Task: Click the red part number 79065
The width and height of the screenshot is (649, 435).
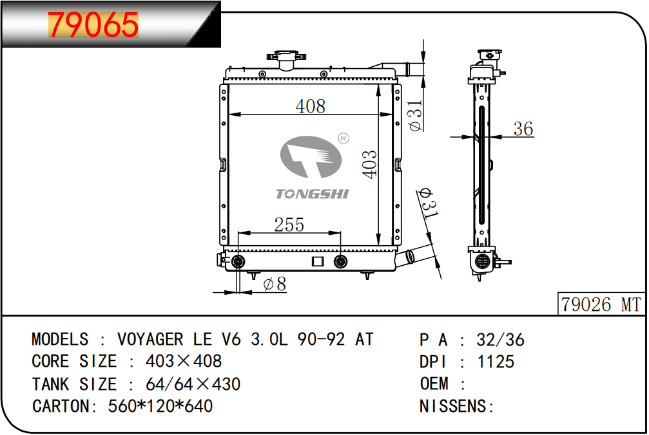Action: tap(93, 25)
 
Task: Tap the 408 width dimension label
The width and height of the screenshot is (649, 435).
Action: tap(311, 106)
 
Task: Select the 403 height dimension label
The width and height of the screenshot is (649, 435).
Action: tap(370, 165)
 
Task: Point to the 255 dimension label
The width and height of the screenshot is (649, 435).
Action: tap(289, 225)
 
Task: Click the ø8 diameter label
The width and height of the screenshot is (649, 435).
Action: tap(275, 284)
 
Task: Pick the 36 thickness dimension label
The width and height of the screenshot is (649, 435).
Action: tap(523, 129)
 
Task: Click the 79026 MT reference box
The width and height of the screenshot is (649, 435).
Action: tap(601, 304)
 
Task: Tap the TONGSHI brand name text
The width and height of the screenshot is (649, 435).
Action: tap(313, 194)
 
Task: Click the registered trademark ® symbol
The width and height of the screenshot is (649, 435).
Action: tap(344, 138)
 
